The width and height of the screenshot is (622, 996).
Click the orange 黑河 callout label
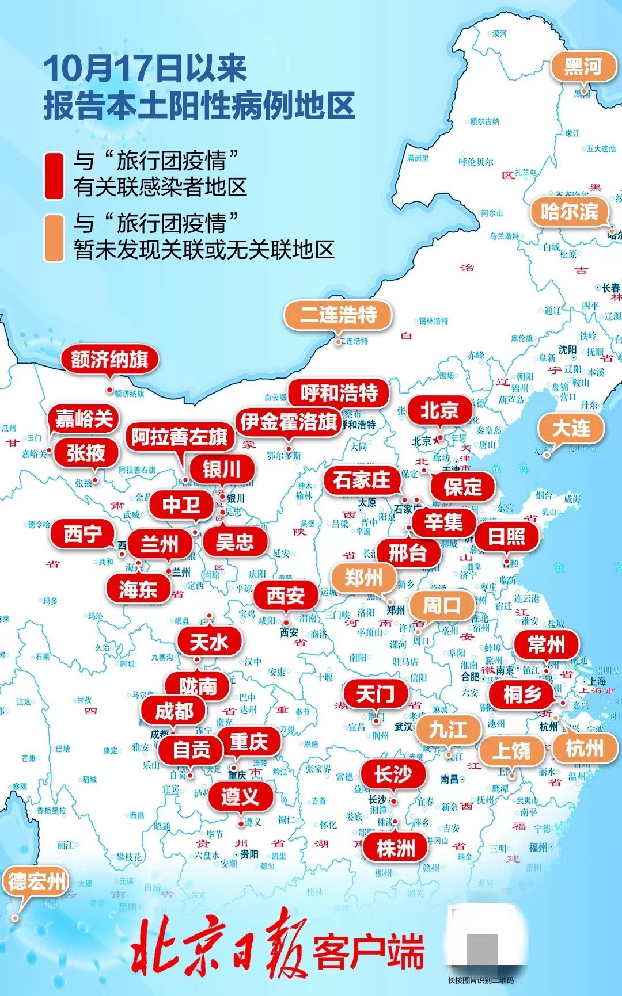[x=582, y=67]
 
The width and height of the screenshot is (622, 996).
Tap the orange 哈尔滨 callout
[x=569, y=212]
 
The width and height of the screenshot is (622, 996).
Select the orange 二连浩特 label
[x=338, y=315]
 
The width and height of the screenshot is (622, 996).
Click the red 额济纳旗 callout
[x=109, y=360]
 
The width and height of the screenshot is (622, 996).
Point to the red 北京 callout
[x=439, y=410]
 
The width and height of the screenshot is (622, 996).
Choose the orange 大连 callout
[x=571, y=428]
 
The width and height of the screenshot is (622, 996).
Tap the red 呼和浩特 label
[x=339, y=393]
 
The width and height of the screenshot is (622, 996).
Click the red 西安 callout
[x=286, y=596]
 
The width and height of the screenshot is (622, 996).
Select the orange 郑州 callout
[x=363, y=577]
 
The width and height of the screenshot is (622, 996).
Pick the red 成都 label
[x=174, y=711]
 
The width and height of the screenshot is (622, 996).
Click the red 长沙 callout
[x=393, y=774]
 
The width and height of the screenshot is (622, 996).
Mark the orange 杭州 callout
[x=584, y=749]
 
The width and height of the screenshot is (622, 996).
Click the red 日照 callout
[x=506, y=536]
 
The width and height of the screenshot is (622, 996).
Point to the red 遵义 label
[x=240, y=797]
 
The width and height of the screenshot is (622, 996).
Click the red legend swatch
[x=54, y=175]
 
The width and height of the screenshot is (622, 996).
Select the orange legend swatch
[x=54, y=238]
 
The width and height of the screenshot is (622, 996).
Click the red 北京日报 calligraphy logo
[x=219, y=950]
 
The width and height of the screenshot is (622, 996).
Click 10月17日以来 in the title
[x=145, y=68]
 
